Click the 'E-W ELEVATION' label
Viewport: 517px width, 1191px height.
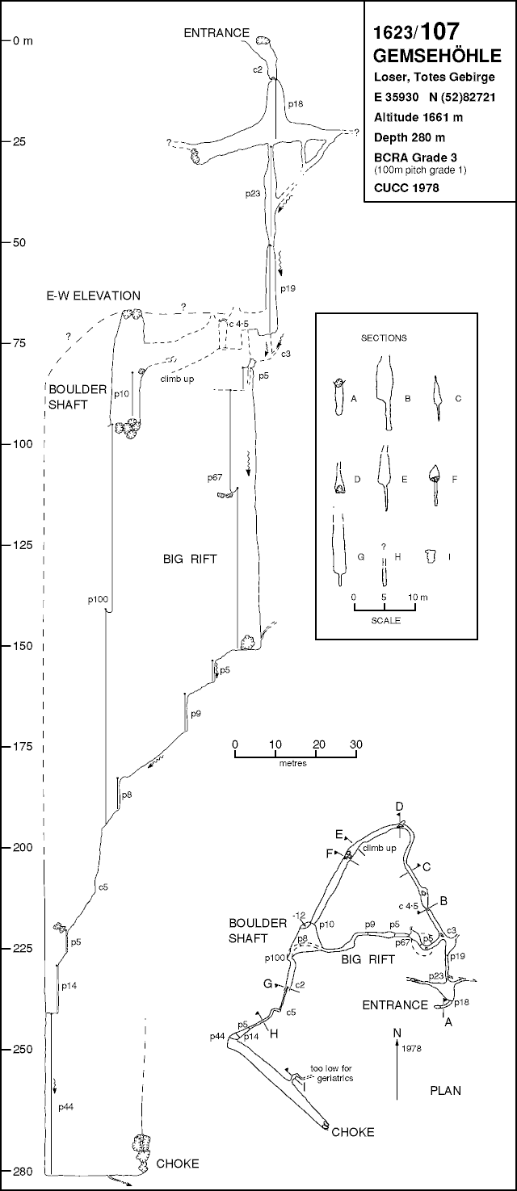click(x=94, y=296)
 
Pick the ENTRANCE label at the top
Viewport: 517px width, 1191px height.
click(x=216, y=33)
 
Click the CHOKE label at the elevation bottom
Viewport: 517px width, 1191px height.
click(x=177, y=1164)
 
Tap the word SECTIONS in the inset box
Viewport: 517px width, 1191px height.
click(x=383, y=338)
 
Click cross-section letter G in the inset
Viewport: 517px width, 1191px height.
click(x=360, y=556)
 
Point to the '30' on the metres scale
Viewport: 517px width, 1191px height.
click(x=355, y=744)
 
